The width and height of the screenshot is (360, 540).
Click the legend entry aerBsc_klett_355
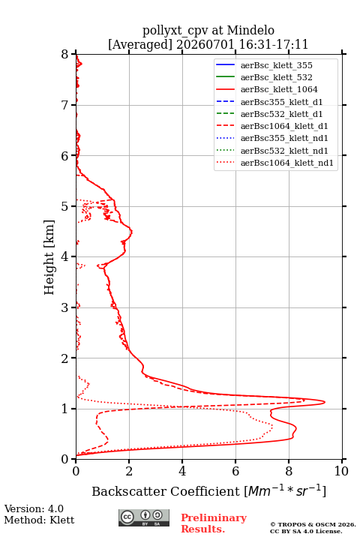pos(276,65)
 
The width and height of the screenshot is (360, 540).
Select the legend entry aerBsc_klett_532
pos(276,77)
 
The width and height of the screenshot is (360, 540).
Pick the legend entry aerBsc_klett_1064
pos(279,89)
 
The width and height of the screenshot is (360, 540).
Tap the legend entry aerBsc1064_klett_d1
pos(284,126)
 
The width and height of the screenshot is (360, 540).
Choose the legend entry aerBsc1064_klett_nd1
pos(287,163)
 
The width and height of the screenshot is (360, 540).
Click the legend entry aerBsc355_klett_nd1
pos(284,138)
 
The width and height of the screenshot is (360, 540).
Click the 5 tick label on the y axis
pos(65,206)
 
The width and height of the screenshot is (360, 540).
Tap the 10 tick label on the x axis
pos(341,471)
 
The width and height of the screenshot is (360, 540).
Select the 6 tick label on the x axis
pos(235,471)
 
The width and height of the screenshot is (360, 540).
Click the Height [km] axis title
pos(49,257)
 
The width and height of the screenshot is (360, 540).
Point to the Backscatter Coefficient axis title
pos(208,490)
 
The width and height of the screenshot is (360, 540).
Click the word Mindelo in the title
pos(250,30)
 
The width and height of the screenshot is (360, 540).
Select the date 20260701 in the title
pos(205,44)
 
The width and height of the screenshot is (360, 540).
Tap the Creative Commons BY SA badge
pos(144,517)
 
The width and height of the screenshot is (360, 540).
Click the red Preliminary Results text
pos(214,523)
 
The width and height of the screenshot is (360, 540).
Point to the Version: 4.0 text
pos(34,508)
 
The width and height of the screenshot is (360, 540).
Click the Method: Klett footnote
pos(39,520)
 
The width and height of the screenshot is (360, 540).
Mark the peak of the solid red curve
pos(325,402)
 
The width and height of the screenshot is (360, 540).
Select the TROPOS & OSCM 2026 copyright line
pos(313,524)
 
